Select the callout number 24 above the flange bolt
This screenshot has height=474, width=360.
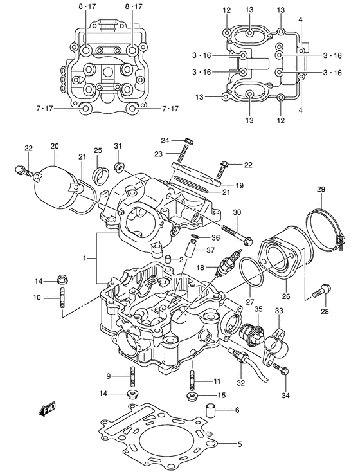(164, 140)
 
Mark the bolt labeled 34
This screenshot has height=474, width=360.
(280, 369)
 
